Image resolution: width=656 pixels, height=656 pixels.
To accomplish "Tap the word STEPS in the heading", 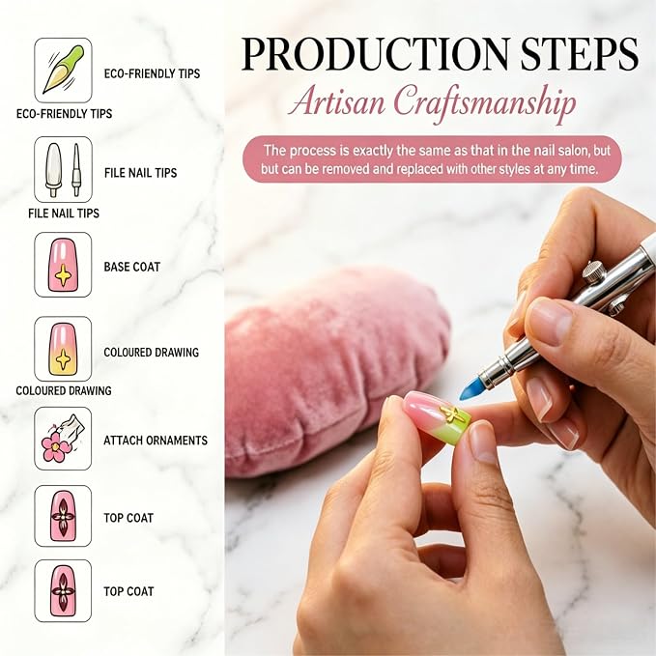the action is click(580, 54).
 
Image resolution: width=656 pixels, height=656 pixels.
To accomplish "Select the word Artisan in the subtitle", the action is click(337, 102).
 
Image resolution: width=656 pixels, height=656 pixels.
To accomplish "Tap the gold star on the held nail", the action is click(451, 414).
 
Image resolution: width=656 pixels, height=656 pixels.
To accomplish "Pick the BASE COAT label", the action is click(131, 267).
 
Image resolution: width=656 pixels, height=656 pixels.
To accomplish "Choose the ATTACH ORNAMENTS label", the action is click(156, 441).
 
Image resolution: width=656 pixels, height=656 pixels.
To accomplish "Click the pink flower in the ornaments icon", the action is click(54, 447).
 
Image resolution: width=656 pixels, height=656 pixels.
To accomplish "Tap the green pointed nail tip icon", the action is click(63, 70).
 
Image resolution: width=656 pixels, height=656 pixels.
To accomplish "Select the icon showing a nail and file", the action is click(63, 169).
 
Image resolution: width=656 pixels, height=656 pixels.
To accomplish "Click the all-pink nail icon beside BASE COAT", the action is click(63, 265).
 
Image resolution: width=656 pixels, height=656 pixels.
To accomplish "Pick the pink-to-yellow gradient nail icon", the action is click(63, 349).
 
